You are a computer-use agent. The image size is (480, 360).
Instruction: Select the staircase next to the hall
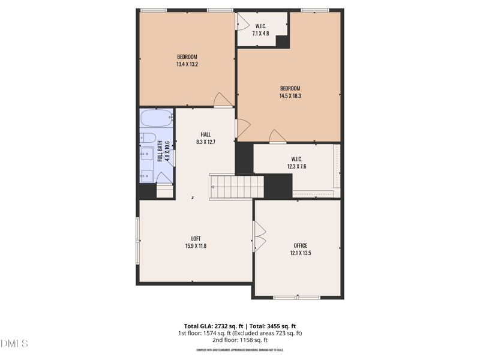point(236,187)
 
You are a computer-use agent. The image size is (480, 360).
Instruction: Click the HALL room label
point(205,134)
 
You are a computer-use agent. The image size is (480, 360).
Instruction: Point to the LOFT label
point(196,238)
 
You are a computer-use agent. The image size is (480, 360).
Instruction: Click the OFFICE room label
point(301,245)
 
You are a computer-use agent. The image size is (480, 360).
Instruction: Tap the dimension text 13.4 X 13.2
point(187,64)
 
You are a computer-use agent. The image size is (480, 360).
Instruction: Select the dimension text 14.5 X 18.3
point(290,95)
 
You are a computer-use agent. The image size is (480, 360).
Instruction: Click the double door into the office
point(260,236)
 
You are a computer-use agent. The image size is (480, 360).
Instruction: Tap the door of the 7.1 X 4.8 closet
point(241,22)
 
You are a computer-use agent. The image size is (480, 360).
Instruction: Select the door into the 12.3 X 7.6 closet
point(277,137)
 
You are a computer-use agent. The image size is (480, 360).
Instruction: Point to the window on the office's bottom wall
point(297,297)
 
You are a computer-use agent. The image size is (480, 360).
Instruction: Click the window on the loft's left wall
point(137,241)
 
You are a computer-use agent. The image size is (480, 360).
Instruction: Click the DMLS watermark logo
point(14,344)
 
